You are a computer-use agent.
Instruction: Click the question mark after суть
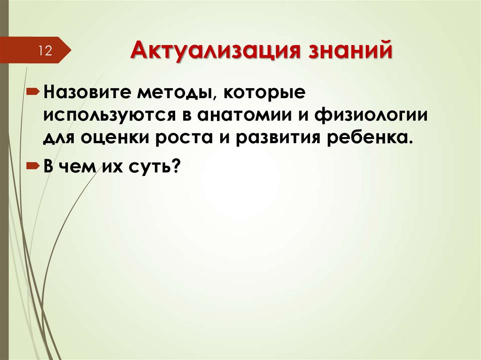click(177, 166)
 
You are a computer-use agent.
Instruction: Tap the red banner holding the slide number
click(33, 50)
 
